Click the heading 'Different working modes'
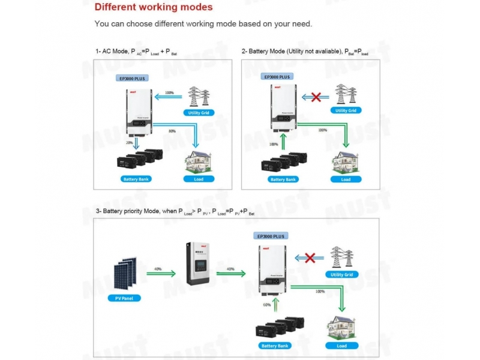click(154, 8)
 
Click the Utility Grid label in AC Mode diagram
click(199, 112)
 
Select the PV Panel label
click(124, 298)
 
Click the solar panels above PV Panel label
click(124, 273)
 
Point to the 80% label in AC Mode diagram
click(172, 131)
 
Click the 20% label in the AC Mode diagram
click(129, 143)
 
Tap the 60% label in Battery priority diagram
click(267, 304)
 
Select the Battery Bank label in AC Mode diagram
click(137, 179)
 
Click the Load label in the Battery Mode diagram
click(346, 179)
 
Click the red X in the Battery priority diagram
click(311, 258)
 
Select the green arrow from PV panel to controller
click(160, 274)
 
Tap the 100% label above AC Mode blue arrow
click(169, 93)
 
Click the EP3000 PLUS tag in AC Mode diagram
click(131, 79)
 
